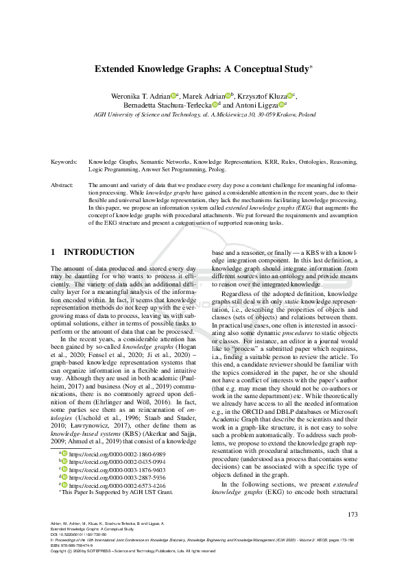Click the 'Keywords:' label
(64, 162)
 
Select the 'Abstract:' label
(62, 186)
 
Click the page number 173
(352, 515)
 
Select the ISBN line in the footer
(76, 545)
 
